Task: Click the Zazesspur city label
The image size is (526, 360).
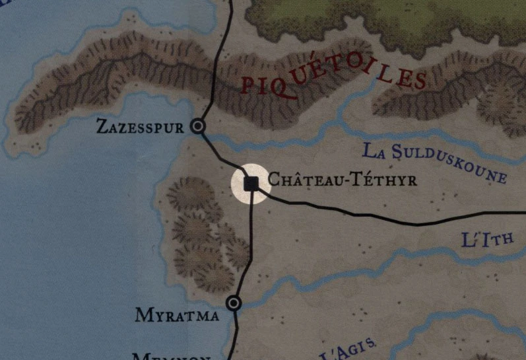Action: (139, 127)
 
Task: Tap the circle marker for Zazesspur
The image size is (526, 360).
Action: (197, 126)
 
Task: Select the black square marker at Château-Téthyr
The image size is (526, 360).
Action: (251, 183)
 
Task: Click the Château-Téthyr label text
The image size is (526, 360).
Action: (342, 180)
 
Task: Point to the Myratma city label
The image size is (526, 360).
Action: (177, 315)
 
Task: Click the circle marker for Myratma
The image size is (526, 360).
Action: (233, 303)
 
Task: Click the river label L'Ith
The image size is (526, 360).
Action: (487, 238)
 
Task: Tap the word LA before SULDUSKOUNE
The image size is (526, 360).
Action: (374, 151)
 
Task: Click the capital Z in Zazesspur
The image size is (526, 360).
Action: (102, 126)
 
